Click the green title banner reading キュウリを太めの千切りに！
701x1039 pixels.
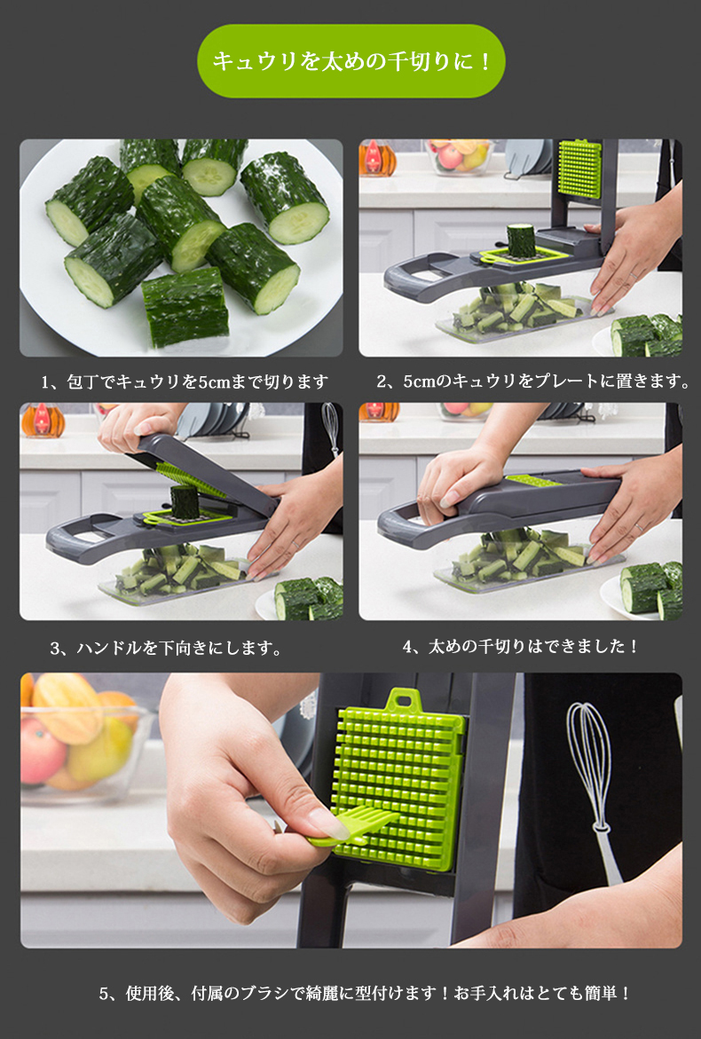pyautogui.click(x=351, y=61)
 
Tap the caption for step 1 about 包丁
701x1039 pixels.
pyautogui.click(x=185, y=382)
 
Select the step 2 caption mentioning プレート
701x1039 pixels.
pyautogui.click(x=533, y=381)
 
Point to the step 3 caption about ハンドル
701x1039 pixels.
pyautogui.click(x=166, y=648)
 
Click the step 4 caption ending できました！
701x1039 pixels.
pyautogui.click(x=521, y=646)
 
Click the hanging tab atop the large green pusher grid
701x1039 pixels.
pyautogui.click(x=404, y=700)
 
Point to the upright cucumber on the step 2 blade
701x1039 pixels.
pyautogui.click(x=521, y=240)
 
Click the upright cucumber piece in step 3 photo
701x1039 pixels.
pyautogui.click(x=185, y=501)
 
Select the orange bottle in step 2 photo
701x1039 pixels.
pyautogui.click(x=378, y=158)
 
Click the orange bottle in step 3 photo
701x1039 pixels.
pyautogui.click(x=43, y=421)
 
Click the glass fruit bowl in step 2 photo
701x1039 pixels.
pyautogui.click(x=460, y=156)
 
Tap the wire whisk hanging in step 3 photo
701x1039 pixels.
pyautogui.click(x=331, y=429)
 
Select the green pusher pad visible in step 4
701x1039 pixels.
pyautogui.click(x=534, y=479)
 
